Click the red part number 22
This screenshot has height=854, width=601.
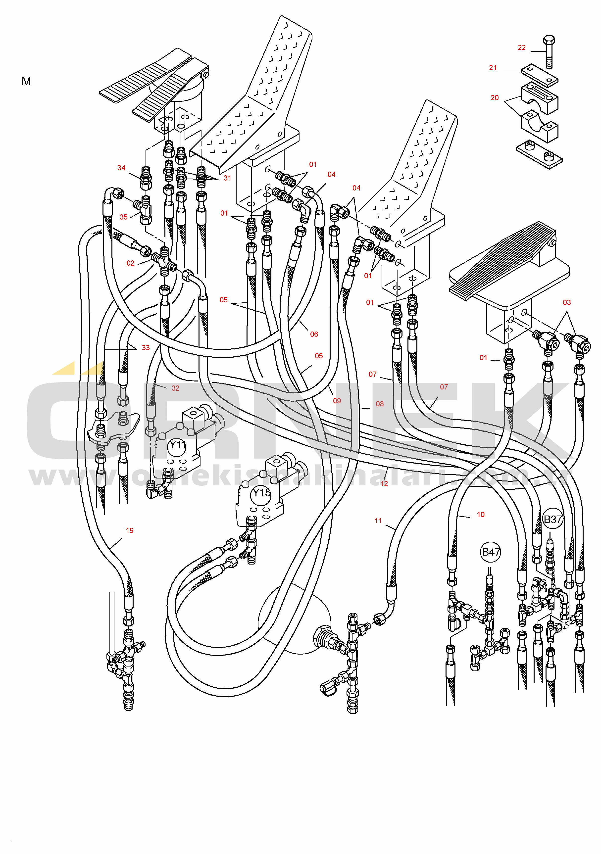(x=521, y=47)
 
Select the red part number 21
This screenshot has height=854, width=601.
(x=493, y=68)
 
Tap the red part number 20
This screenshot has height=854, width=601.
(x=495, y=98)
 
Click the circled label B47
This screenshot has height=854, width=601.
(x=491, y=552)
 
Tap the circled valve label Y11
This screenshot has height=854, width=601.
(x=177, y=445)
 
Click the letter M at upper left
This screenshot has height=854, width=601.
(x=26, y=81)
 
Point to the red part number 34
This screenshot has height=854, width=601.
(x=121, y=168)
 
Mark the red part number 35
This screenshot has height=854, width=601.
(x=124, y=217)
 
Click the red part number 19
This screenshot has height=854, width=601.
(x=130, y=530)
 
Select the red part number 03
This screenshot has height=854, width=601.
(x=566, y=302)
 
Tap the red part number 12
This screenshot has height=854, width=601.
(x=384, y=483)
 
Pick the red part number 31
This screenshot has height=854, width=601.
(x=227, y=178)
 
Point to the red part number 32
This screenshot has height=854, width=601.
(x=175, y=388)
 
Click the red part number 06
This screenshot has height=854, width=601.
(x=314, y=334)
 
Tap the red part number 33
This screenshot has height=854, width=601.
(x=146, y=347)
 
